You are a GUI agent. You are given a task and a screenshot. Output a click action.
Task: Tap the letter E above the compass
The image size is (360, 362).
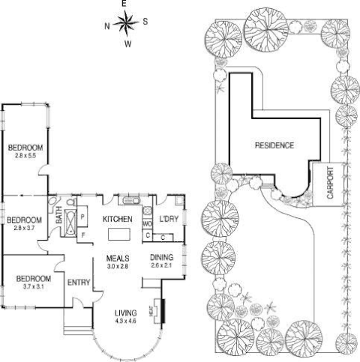tap(125, 4)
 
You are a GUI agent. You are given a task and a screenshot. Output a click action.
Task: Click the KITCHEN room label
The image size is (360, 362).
tap(117, 219)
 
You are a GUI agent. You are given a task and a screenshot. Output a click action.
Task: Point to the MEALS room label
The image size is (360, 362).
tap(118, 257)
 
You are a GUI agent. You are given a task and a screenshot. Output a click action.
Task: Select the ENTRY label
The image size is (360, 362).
tap(79, 283)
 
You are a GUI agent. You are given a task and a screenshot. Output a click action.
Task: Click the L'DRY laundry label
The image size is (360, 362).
tap(169, 219)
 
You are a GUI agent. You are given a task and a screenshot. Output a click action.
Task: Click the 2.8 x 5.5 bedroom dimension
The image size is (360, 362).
tap(25, 155)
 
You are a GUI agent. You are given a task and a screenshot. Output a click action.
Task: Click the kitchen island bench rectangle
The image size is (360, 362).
tap(118, 235)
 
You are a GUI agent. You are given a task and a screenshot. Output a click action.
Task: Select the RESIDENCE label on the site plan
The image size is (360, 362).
tap(273, 145)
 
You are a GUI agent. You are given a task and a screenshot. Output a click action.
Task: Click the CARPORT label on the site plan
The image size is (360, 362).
tap(331, 183)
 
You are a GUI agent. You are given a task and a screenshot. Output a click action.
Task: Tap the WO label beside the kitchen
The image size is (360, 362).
tap(147, 223)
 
